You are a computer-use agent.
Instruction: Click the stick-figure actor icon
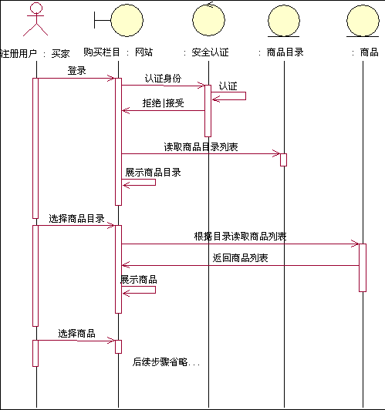point(35,19)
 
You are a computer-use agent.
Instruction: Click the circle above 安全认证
point(208,19)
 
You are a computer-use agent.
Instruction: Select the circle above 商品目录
point(284,21)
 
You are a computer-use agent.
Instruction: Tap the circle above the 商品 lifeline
point(363,21)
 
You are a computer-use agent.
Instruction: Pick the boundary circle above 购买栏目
point(127,20)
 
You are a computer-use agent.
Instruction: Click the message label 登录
point(76,71)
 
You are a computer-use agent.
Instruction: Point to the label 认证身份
point(163,78)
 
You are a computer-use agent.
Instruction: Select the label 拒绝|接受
point(163,102)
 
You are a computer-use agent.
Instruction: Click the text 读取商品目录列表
point(201,147)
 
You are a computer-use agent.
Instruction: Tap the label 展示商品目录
point(153,173)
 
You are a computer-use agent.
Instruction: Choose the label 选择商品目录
point(76,218)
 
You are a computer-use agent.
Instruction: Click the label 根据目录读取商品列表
point(240,237)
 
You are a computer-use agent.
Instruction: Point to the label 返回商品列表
point(240,258)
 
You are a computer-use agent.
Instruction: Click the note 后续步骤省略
point(166,362)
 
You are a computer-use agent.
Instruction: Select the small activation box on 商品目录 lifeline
point(283,160)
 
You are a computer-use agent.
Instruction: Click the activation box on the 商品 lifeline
point(363,267)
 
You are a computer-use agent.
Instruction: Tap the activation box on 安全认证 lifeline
point(208,111)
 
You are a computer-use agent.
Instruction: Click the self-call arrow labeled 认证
point(245,96)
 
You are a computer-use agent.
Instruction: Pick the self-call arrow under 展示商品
point(155,290)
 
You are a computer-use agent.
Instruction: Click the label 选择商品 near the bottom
point(76,334)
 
